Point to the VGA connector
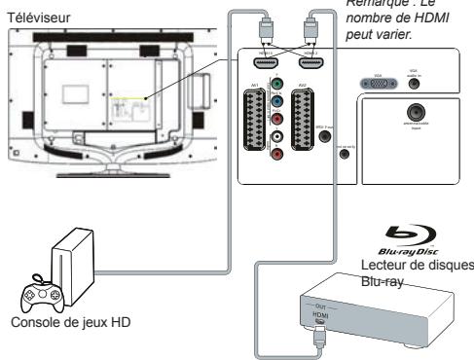[x=381, y=86]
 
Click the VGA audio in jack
[x=416, y=86]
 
